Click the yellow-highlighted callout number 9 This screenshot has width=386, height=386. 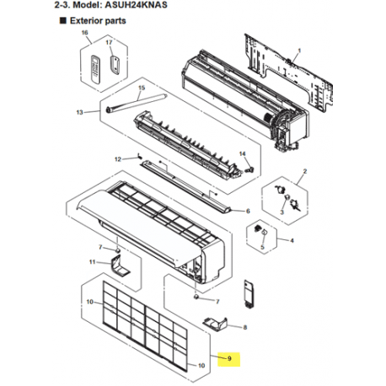229,358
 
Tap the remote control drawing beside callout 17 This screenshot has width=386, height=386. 95,69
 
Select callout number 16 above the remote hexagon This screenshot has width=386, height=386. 84,33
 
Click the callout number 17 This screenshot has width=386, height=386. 109,42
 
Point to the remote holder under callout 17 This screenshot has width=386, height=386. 115,65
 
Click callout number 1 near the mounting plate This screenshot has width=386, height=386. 299,51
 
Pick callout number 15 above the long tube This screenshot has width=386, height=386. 142,88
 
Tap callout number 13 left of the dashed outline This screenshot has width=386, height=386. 80,112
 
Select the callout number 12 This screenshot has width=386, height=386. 118,159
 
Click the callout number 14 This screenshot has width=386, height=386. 242,153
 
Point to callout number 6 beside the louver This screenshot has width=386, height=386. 248,211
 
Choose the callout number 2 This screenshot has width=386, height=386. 305,171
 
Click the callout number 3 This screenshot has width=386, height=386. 282,212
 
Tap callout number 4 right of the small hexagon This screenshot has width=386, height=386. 292,240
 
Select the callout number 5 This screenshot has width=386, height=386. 262,247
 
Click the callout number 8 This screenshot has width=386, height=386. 245,327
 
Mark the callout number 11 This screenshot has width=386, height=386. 93,262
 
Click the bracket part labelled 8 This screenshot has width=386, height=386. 215,324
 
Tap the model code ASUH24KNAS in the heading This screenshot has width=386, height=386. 136,5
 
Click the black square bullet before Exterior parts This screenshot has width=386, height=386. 63,20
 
